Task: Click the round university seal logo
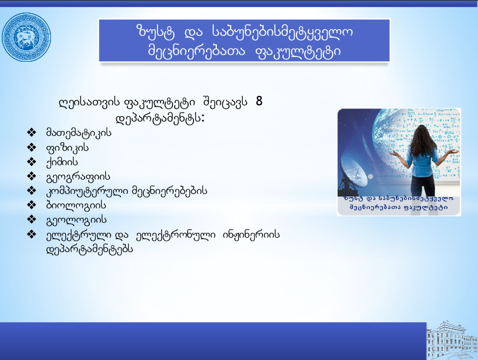pos(26,37)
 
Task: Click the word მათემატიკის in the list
pos(78,133)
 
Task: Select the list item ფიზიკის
pos(67,148)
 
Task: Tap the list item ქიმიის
pos(62,162)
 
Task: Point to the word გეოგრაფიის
pos(78,177)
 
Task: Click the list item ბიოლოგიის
pos(76,205)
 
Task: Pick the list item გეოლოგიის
pos(76,219)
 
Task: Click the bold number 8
pos(259,101)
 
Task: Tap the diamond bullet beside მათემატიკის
pos(31,132)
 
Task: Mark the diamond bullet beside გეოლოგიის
pos(31,219)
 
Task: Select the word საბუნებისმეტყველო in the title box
pos(282,32)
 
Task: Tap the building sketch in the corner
pos(452,340)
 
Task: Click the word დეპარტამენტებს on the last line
pos(90,249)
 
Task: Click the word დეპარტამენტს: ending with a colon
pos(160,118)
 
